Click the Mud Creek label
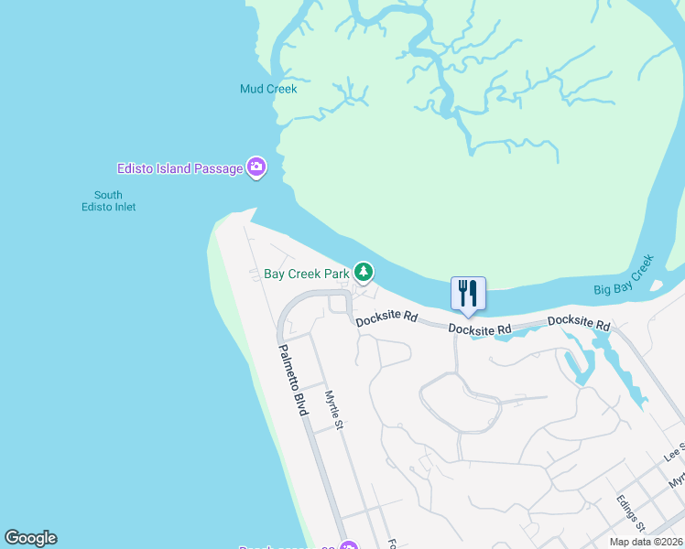(268, 89)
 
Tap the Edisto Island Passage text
(179, 168)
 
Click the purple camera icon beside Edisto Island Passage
(257, 167)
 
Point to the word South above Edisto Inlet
(108, 195)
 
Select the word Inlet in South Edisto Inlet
(124, 207)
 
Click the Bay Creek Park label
(307, 273)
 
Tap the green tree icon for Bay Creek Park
(364, 272)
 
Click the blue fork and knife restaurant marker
(468, 293)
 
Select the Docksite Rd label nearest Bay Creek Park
(386, 319)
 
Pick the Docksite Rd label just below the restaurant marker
(480, 328)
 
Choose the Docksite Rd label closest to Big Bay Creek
(579, 323)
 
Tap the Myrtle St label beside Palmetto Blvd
(334, 410)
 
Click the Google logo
(30, 538)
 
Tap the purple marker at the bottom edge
(348, 547)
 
